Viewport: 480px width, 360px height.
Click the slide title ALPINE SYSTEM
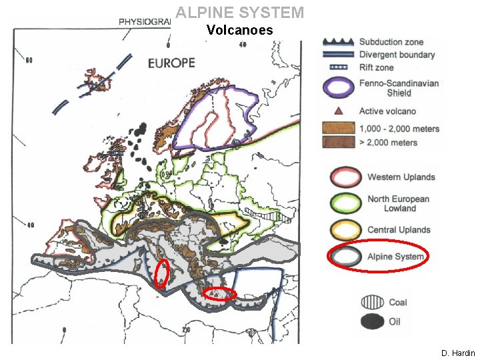coord(239,13)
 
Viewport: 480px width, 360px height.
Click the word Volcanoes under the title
coord(239,30)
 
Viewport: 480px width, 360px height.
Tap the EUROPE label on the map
coord(171,63)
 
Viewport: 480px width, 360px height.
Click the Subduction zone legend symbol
coord(339,41)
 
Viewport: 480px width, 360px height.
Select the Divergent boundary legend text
coord(397,55)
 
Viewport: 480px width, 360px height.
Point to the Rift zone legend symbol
coord(339,67)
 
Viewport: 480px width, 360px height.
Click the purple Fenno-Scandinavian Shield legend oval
coord(339,87)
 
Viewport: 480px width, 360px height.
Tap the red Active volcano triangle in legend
coord(339,111)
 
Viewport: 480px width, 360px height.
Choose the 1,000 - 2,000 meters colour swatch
coord(339,128)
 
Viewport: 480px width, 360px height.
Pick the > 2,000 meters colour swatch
coord(339,142)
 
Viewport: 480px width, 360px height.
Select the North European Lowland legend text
coord(398,203)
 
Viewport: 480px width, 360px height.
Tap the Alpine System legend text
coord(395,257)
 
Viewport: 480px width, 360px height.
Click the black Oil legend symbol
coord(371,322)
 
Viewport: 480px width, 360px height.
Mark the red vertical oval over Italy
coord(161,274)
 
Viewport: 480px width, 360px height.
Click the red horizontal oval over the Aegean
coord(219,294)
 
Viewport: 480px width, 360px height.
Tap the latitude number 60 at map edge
coord(29,61)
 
